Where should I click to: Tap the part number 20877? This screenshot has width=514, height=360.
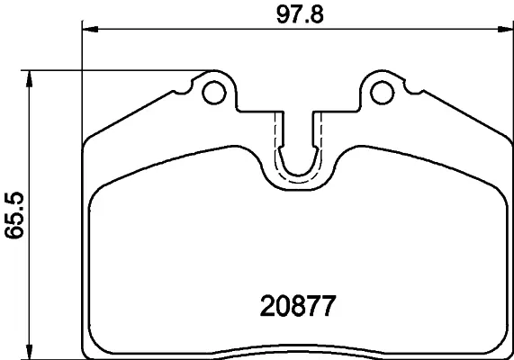pyautogui.click(x=297, y=307)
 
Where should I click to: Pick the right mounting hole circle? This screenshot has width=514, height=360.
pyautogui.click(x=383, y=91)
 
